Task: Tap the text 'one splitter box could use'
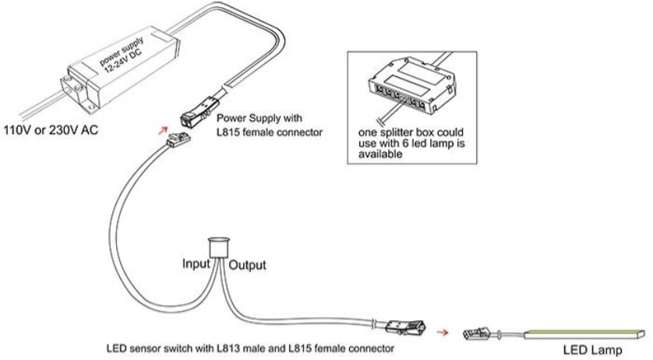(411, 133)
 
